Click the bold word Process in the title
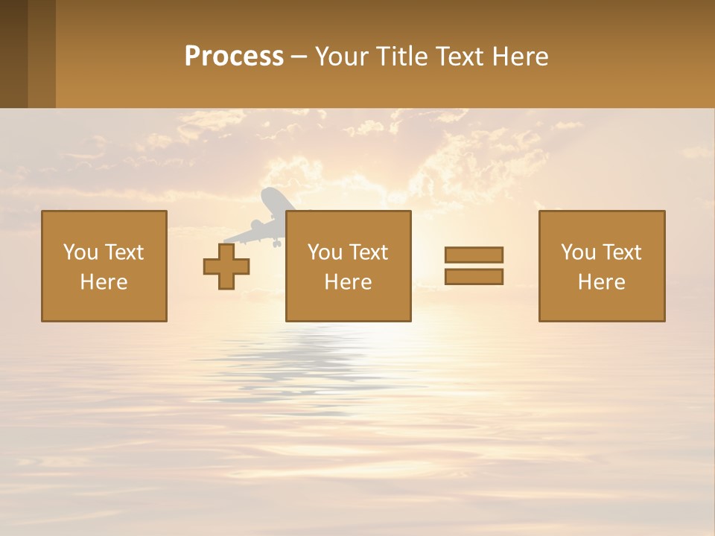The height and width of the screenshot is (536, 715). tap(234, 57)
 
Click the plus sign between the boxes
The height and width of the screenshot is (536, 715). tap(226, 267)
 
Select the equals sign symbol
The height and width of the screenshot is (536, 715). tap(474, 266)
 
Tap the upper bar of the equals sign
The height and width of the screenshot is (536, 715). tap(474, 255)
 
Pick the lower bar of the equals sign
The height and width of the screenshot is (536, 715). tap(474, 276)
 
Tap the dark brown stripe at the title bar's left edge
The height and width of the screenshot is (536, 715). tap(13, 54)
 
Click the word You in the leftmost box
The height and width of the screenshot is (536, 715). tap(80, 252)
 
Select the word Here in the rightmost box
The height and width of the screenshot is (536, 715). tap(602, 282)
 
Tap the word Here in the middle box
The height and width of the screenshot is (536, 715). tap(348, 282)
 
